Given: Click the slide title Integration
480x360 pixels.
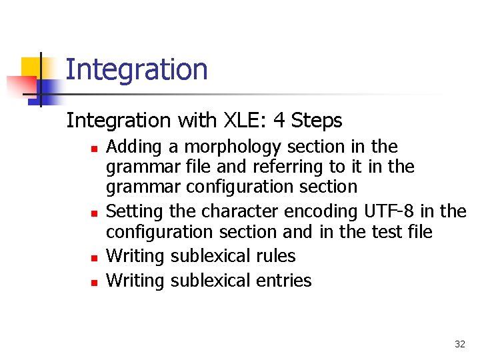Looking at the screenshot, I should coord(137,69).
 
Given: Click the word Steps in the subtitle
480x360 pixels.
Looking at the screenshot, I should coord(317,121).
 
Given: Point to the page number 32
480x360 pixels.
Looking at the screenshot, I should coord(459,344).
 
